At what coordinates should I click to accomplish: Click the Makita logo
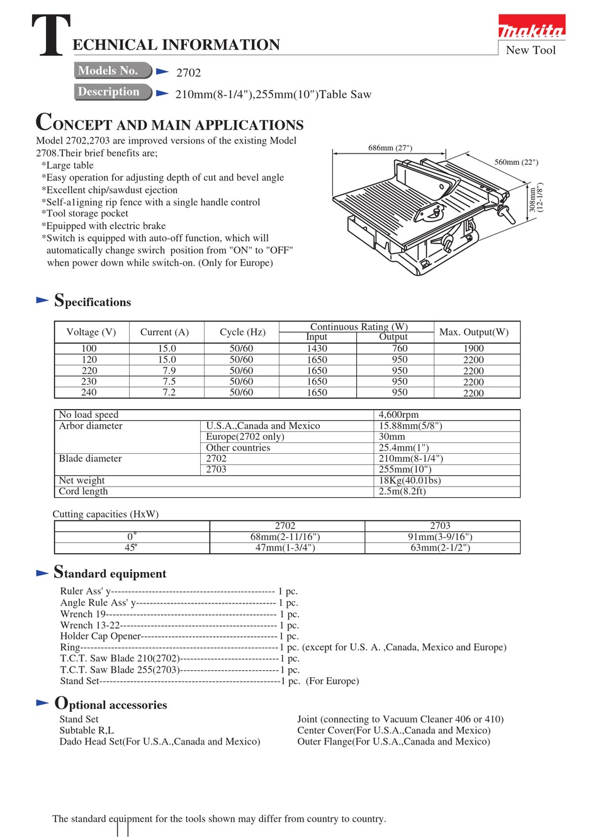[x=531, y=28]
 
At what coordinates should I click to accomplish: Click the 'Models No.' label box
[x=112, y=70]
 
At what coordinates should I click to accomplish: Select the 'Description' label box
[x=112, y=92]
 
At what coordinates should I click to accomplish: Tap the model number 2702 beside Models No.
[x=188, y=73]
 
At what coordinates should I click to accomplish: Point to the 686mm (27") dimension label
[x=390, y=148]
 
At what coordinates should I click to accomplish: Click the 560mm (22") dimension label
[x=516, y=162]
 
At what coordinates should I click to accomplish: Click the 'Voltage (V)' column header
[x=91, y=332]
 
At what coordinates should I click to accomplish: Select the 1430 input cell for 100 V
[x=317, y=349]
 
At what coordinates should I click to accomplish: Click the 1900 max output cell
[x=473, y=349]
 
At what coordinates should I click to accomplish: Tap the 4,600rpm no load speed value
[x=398, y=415]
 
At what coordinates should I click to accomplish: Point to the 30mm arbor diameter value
[x=392, y=437]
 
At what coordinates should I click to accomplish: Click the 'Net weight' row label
[x=82, y=481]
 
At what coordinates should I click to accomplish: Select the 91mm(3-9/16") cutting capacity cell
[x=440, y=537]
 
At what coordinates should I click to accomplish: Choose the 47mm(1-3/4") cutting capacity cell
[x=285, y=548]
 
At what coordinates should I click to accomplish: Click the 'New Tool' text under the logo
[x=531, y=50]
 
